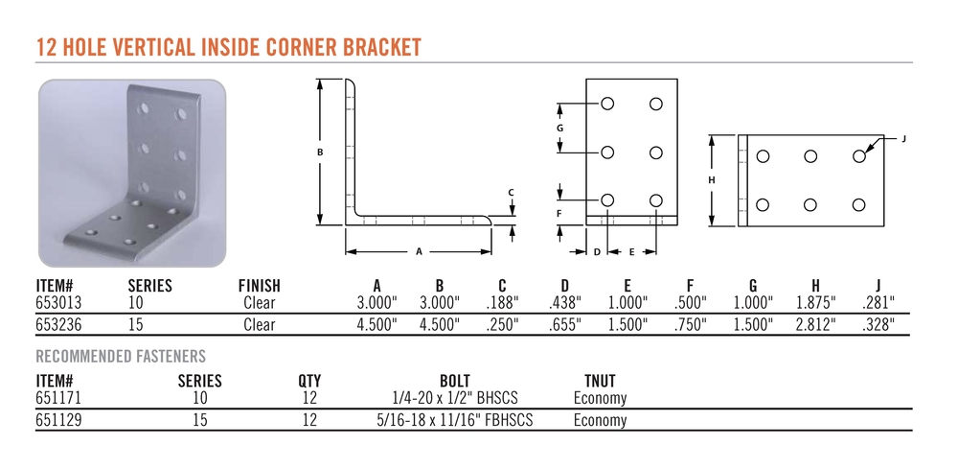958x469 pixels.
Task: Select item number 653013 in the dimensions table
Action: coord(58,301)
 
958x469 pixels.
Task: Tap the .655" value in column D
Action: coord(564,324)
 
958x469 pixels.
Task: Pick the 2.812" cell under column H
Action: coord(815,324)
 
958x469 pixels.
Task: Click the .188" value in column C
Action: coord(502,301)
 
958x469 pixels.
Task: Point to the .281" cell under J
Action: coord(878,301)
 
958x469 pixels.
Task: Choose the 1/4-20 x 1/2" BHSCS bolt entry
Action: coord(454,398)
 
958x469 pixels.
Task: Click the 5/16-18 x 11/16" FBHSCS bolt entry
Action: coord(454,420)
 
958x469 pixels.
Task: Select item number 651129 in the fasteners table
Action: coord(58,420)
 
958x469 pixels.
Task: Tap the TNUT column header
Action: coord(600,382)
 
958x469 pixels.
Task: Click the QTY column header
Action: coord(309,382)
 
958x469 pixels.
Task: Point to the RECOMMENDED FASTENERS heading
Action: coord(121,356)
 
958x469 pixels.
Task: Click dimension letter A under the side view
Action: coord(419,251)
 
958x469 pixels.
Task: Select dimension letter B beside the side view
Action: coord(320,152)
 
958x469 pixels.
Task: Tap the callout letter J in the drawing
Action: coord(903,139)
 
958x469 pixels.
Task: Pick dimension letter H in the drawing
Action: coord(711,180)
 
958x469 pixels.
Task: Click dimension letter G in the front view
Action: coord(559,128)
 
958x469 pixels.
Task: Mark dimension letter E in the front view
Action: coord(631,251)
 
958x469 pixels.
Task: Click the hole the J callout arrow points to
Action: coord(859,156)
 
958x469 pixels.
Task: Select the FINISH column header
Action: coord(259,286)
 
